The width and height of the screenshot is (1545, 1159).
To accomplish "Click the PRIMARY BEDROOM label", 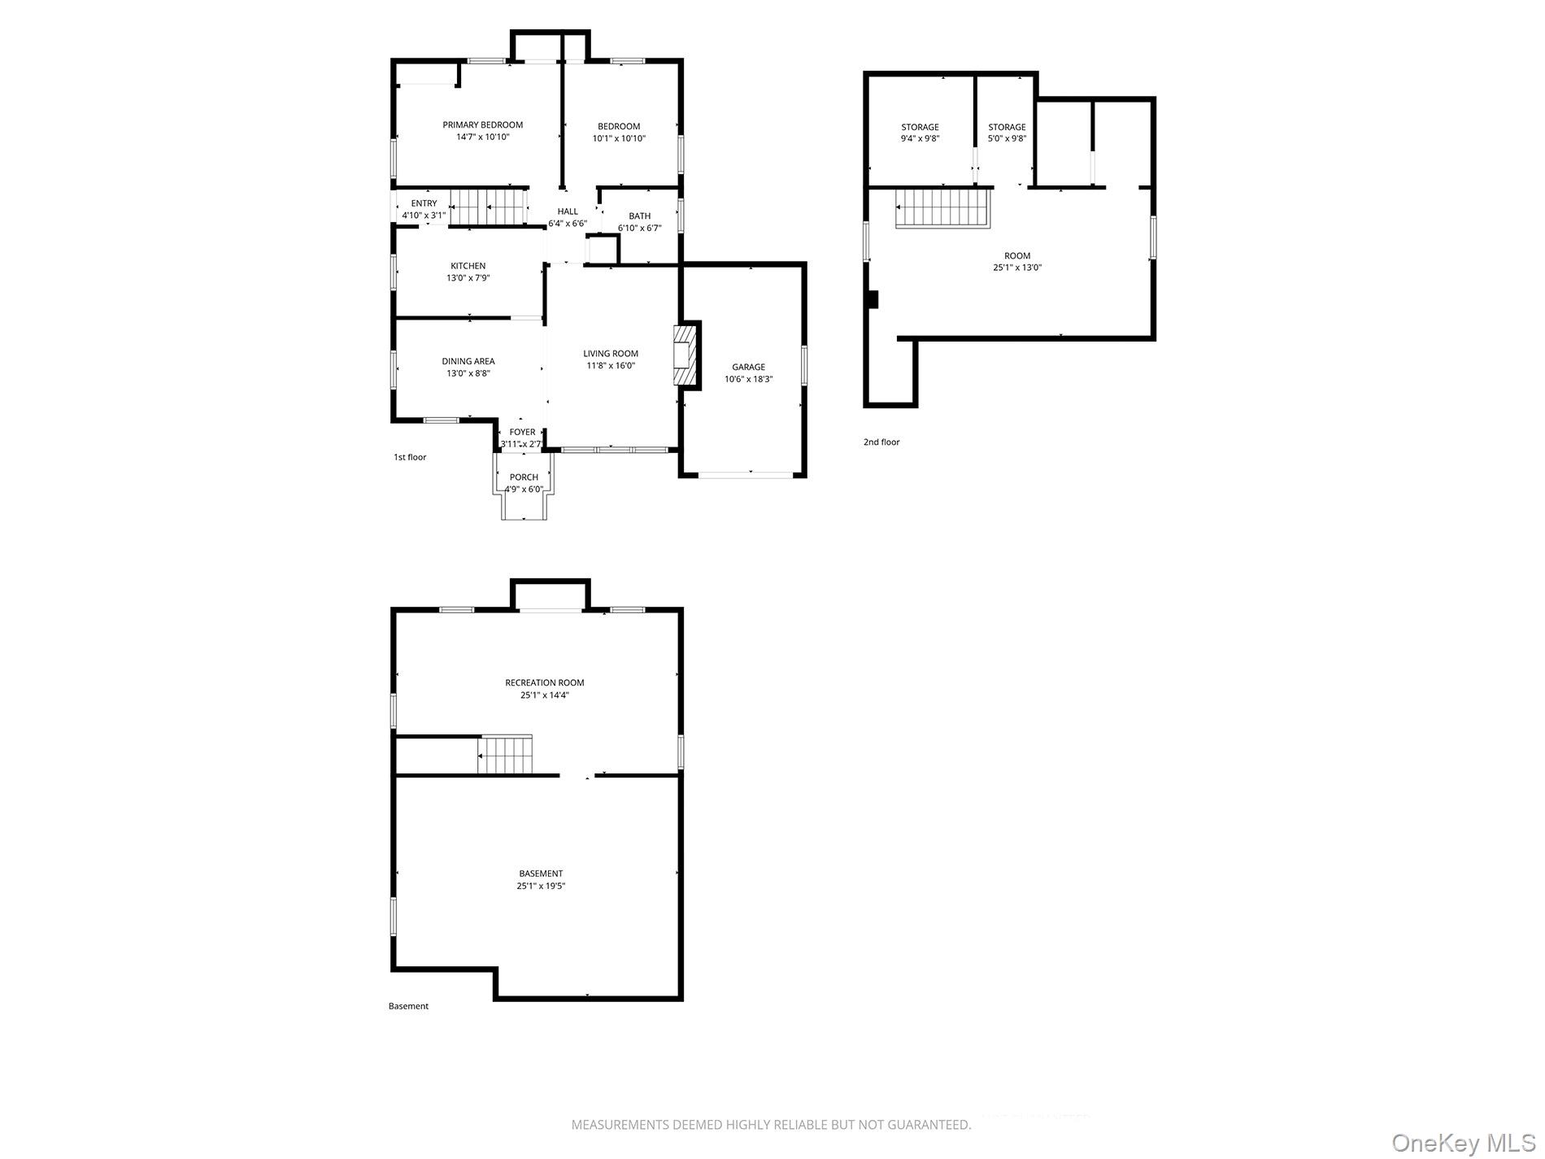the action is click(x=482, y=124).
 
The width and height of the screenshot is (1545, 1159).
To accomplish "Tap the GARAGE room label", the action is click(x=748, y=367).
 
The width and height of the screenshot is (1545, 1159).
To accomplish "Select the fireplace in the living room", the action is click(x=686, y=355).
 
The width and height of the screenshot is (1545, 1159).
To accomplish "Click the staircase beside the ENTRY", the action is click(x=489, y=207).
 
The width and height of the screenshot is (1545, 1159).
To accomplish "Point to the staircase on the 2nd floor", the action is click(x=942, y=208).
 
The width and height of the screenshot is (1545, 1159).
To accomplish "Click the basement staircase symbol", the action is click(x=505, y=755).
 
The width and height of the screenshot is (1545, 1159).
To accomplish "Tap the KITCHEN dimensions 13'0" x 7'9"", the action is click(x=468, y=278).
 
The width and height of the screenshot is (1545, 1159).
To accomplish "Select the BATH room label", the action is click(x=640, y=216).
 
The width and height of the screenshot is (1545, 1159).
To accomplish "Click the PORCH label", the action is click(x=524, y=477).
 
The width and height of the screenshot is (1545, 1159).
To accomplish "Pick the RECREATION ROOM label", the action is click(x=545, y=683).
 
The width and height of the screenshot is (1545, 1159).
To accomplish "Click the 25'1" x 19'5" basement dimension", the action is click(x=541, y=887).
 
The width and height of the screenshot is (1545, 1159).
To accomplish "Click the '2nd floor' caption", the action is click(x=881, y=442).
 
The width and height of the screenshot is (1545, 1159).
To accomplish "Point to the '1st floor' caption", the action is click(x=410, y=457).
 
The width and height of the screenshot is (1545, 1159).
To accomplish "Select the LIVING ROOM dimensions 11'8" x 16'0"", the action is click(x=611, y=366).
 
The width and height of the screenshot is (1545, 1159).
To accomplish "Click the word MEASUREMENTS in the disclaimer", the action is click(x=620, y=1125).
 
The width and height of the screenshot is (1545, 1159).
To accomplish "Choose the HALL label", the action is click(x=568, y=211).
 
